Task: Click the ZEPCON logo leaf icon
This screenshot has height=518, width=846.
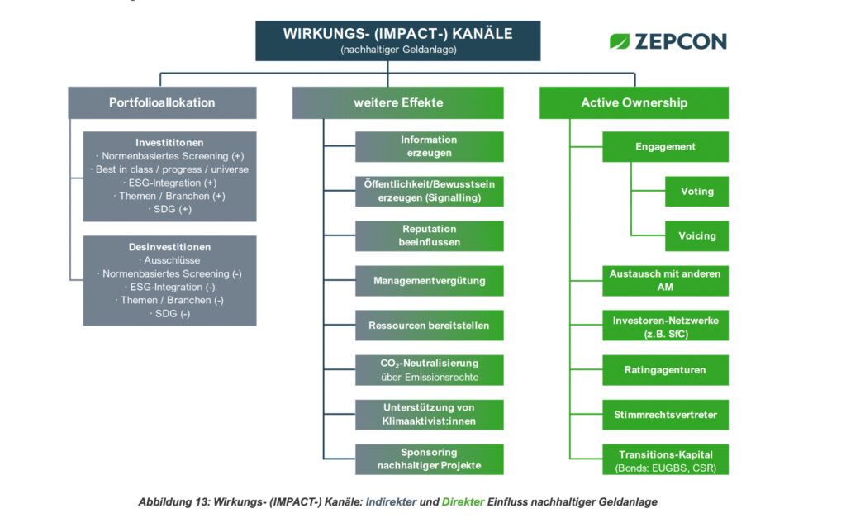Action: (620, 41)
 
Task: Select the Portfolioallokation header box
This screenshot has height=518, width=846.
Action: (162, 102)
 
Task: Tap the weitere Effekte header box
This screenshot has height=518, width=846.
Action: (397, 102)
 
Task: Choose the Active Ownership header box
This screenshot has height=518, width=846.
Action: (634, 102)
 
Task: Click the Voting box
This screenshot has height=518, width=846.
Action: (696, 191)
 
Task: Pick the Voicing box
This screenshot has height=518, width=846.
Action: (696, 235)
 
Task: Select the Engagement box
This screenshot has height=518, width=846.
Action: (665, 147)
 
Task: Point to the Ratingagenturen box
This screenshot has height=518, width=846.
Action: (665, 370)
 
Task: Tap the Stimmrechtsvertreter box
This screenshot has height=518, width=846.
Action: (665, 415)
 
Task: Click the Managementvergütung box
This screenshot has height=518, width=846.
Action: (429, 281)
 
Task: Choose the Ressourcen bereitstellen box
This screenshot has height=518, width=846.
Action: (429, 326)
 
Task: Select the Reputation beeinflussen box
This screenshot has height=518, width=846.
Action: (429, 235)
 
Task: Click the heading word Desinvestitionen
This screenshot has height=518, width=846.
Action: (169, 247)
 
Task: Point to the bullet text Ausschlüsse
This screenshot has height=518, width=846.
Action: (172, 260)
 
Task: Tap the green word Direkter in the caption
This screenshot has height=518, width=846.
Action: (463, 501)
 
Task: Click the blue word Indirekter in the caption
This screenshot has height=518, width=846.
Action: (391, 501)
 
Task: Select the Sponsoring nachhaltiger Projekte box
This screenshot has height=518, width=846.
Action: (429, 459)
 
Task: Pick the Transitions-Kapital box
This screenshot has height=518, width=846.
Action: (665, 459)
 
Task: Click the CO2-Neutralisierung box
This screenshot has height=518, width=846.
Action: (429, 370)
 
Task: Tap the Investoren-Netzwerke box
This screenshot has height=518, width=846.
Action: (665, 326)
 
